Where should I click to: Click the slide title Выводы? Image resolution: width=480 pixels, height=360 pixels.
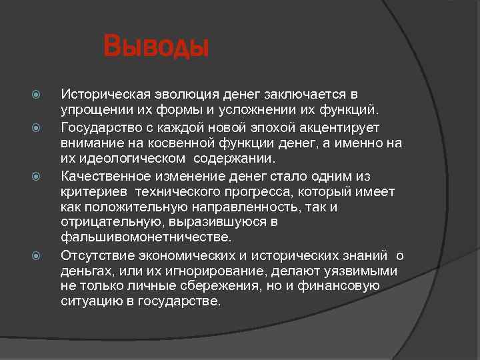[x=156, y=48]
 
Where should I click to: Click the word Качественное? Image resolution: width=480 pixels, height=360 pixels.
[x=103, y=177]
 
